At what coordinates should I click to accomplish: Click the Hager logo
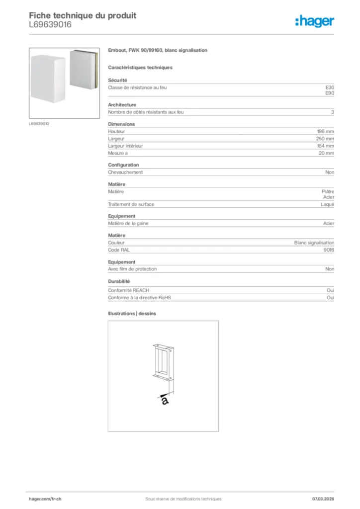(314, 21)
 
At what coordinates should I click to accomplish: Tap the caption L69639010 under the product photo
(39, 124)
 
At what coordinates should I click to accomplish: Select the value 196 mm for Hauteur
(326, 131)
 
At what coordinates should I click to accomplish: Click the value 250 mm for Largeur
(325, 139)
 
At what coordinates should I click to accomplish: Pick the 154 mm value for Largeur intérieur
(325, 146)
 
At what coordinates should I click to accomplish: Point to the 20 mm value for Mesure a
(327, 154)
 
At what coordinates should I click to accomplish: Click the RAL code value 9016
(329, 250)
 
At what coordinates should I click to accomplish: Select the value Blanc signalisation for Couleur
(314, 243)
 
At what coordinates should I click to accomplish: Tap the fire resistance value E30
(330, 87)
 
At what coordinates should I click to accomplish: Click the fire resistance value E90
(330, 93)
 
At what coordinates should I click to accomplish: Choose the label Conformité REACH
(129, 290)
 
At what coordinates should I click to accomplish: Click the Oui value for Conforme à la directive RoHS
(330, 297)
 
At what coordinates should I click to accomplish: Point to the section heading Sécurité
(118, 80)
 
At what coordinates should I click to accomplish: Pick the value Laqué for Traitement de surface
(327, 204)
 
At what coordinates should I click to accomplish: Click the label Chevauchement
(125, 172)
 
